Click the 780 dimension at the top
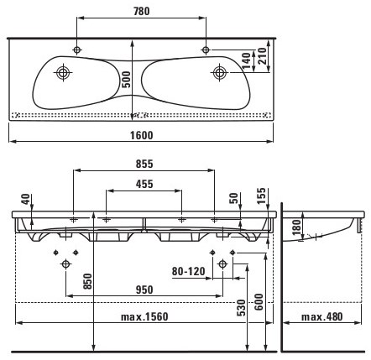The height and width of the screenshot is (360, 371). (142, 11)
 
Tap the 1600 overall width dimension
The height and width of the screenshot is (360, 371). (142, 135)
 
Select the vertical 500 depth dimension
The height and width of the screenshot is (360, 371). (127, 80)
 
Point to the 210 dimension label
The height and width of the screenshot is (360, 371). (263, 56)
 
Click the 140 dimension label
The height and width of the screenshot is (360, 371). (246, 60)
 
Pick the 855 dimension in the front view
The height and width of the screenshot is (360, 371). (144, 164)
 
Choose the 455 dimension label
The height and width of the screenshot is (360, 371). (144, 184)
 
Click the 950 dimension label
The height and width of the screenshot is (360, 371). (144, 290)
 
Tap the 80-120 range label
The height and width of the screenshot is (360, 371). (188, 271)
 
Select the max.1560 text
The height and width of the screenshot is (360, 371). (144, 317)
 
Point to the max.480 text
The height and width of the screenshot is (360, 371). (321, 317)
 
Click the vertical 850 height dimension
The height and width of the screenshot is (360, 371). (87, 281)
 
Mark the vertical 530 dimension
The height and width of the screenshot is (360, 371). (241, 308)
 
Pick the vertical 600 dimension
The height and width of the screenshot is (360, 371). (259, 301)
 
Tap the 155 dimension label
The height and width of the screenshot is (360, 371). (261, 196)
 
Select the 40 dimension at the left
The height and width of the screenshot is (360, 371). (26, 199)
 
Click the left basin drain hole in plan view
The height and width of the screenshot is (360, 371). (63, 72)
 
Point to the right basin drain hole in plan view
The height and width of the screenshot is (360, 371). (220, 72)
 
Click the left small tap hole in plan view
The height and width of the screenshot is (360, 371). (77, 50)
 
